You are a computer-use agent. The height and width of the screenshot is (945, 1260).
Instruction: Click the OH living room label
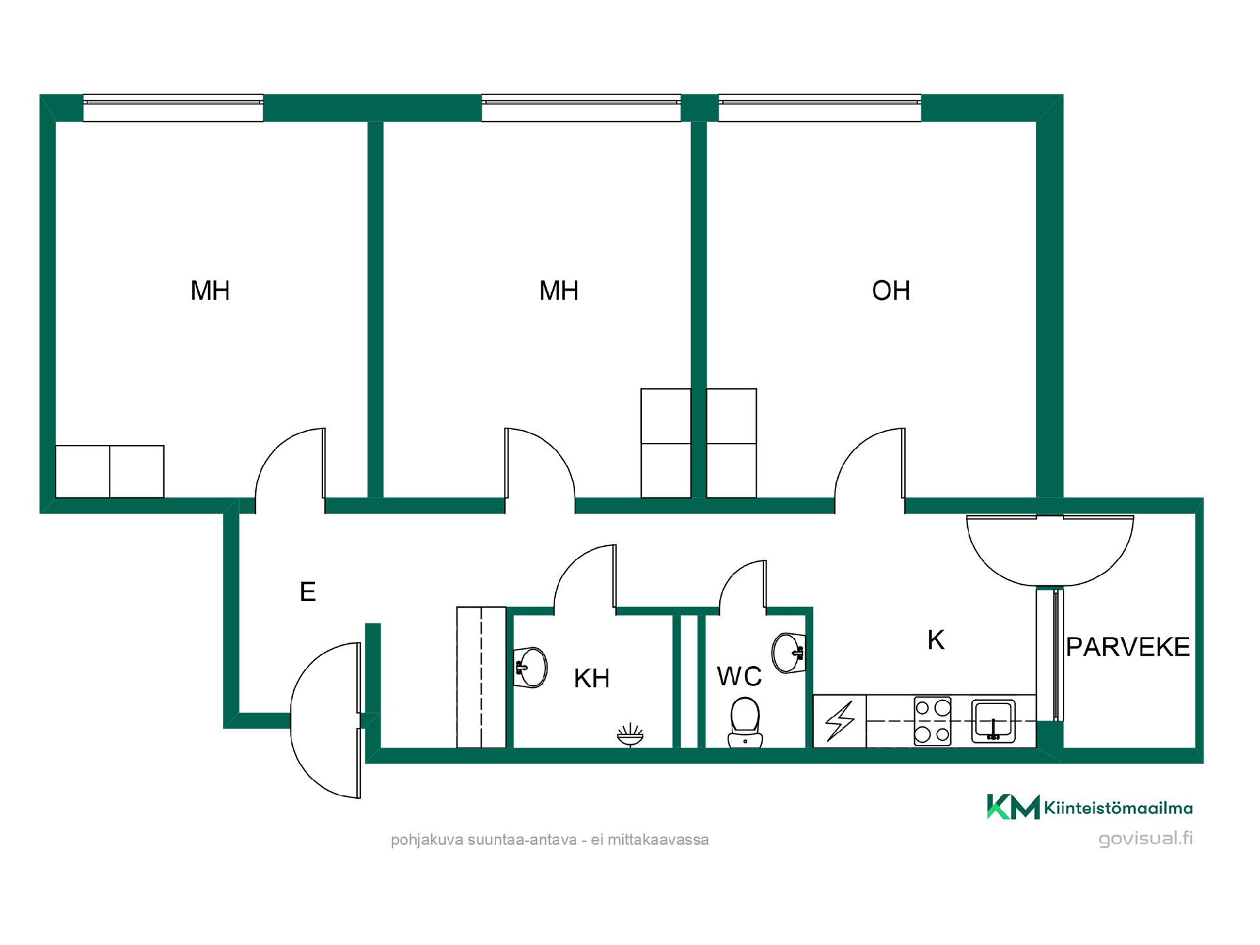click(x=891, y=291)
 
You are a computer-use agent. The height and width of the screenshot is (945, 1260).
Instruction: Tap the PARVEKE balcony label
click(x=1127, y=647)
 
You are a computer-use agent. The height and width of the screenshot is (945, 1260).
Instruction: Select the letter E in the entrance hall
click(x=308, y=592)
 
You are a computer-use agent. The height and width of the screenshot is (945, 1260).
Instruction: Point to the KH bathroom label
click(x=591, y=679)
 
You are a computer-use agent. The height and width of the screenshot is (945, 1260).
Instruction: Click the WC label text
click(x=739, y=677)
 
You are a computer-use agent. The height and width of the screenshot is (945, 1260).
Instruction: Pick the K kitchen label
click(x=936, y=640)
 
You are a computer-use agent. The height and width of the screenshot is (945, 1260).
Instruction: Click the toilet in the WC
click(x=745, y=723)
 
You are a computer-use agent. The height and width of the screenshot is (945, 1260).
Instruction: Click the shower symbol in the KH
click(x=630, y=735)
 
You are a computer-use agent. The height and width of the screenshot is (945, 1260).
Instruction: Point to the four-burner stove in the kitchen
click(x=933, y=721)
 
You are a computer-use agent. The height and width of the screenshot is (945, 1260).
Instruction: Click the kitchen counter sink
click(x=994, y=721)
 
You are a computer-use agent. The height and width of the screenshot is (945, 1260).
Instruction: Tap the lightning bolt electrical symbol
click(x=840, y=721)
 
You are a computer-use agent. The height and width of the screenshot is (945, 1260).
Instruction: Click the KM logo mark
click(x=1013, y=807)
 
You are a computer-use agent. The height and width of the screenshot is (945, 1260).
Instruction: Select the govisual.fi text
click(x=1145, y=839)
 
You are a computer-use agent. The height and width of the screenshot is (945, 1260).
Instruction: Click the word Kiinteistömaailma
click(x=1118, y=808)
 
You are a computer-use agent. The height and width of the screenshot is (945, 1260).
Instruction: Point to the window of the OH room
click(x=820, y=108)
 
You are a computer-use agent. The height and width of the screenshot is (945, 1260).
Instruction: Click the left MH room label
click(x=210, y=291)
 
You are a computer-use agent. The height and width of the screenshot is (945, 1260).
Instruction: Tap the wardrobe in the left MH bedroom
click(x=110, y=472)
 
